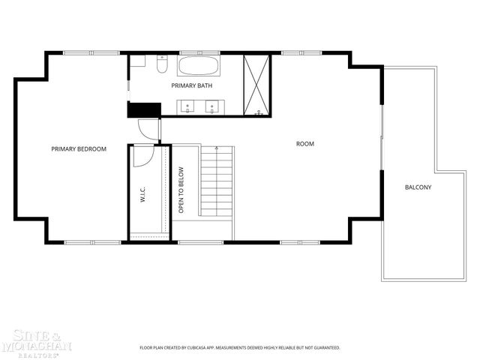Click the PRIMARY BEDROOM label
(x=79, y=149)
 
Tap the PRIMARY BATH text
(x=192, y=86)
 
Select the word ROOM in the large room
(x=305, y=143)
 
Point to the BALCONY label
(x=418, y=187)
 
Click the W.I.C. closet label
(x=142, y=196)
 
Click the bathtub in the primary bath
(x=199, y=65)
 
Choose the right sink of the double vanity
(x=212, y=106)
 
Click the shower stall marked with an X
(x=257, y=85)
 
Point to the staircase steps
(x=217, y=180)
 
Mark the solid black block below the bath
(x=144, y=109)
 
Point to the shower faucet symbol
(x=259, y=112)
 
